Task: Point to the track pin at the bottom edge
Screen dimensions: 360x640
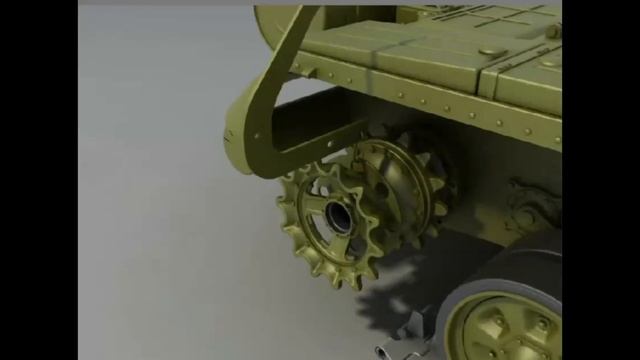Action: click(386, 350)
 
